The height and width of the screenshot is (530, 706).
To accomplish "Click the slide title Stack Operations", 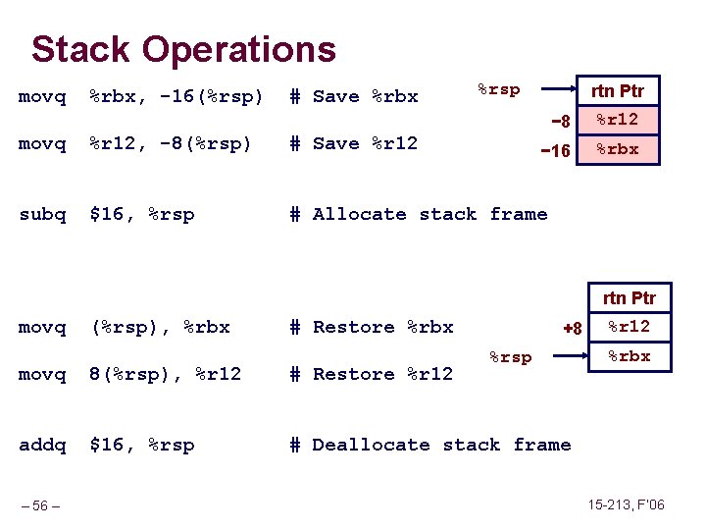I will (183, 49).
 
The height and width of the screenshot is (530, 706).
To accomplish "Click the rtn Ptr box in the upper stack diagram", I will (618, 92).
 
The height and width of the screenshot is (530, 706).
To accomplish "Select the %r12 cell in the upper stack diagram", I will (618, 120).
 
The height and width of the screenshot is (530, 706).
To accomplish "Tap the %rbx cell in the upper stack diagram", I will (618, 149).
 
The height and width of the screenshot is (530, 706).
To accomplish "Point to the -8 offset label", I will (560, 122).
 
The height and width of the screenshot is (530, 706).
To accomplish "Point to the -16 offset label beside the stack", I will (556, 151).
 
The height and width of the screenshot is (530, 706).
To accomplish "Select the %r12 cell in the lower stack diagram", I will (630, 327).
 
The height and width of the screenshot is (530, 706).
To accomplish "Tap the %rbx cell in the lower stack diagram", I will (630, 355).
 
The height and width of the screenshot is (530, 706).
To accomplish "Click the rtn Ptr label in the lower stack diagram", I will (630, 297).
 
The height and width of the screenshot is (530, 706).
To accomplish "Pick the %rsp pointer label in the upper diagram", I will (498, 89).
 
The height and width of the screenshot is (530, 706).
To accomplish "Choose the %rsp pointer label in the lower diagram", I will (510, 357).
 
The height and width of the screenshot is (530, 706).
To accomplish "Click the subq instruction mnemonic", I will (42, 214).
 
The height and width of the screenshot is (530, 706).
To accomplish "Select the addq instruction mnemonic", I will (42, 445).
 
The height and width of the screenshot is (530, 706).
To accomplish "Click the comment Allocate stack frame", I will (429, 214).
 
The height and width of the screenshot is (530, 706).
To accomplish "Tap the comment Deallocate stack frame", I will (441, 445).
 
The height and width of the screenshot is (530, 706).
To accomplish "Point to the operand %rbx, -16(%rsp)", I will (176, 96).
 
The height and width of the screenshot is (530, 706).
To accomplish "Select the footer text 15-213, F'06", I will (624, 504).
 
